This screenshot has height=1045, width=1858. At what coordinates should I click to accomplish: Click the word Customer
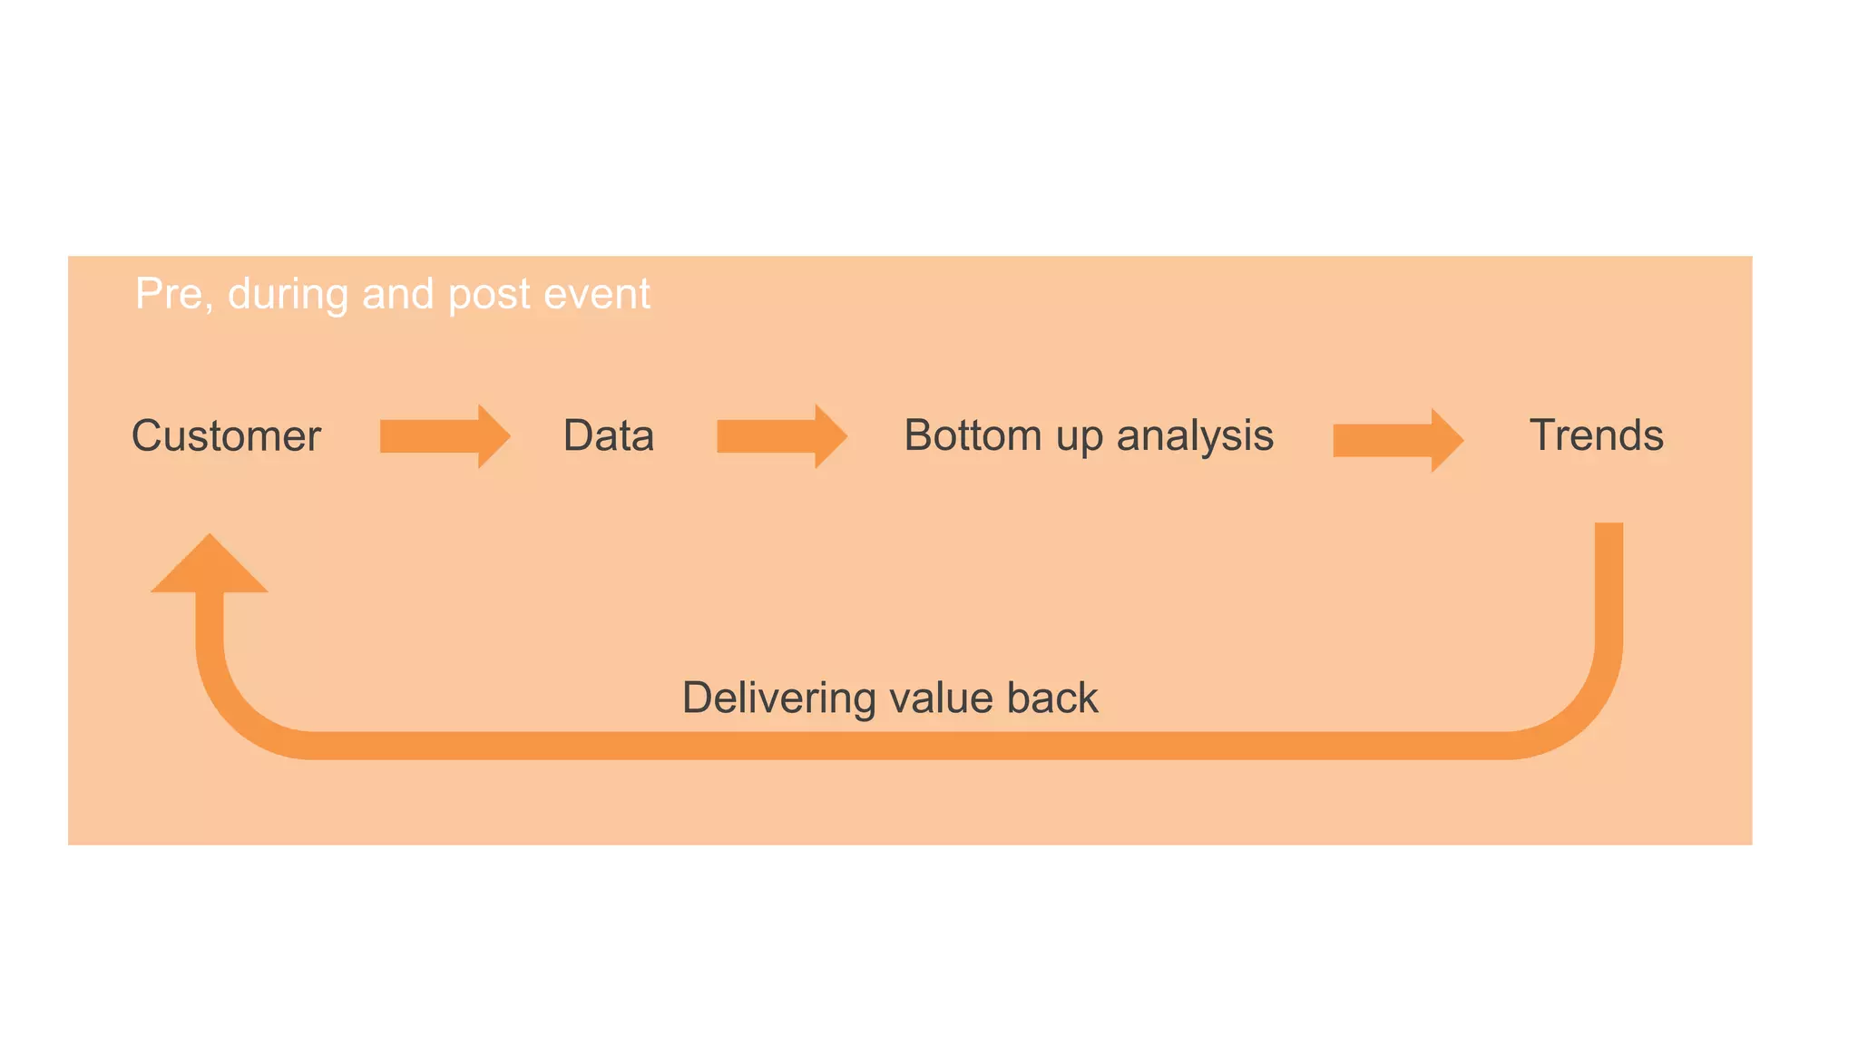pyautogui.click(x=226, y=436)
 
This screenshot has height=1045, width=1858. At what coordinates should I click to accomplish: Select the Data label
pyautogui.click(x=608, y=435)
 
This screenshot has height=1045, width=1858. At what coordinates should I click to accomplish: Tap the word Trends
pyautogui.click(x=1596, y=435)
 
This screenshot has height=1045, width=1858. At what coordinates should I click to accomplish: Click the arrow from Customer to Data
pyautogui.click(x=445, y=436)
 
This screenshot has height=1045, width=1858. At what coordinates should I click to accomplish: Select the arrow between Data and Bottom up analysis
pyautogui.click(x=781, y=436)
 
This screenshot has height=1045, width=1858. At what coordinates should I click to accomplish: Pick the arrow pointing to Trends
pyautogui.click(x=1397, y=440)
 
